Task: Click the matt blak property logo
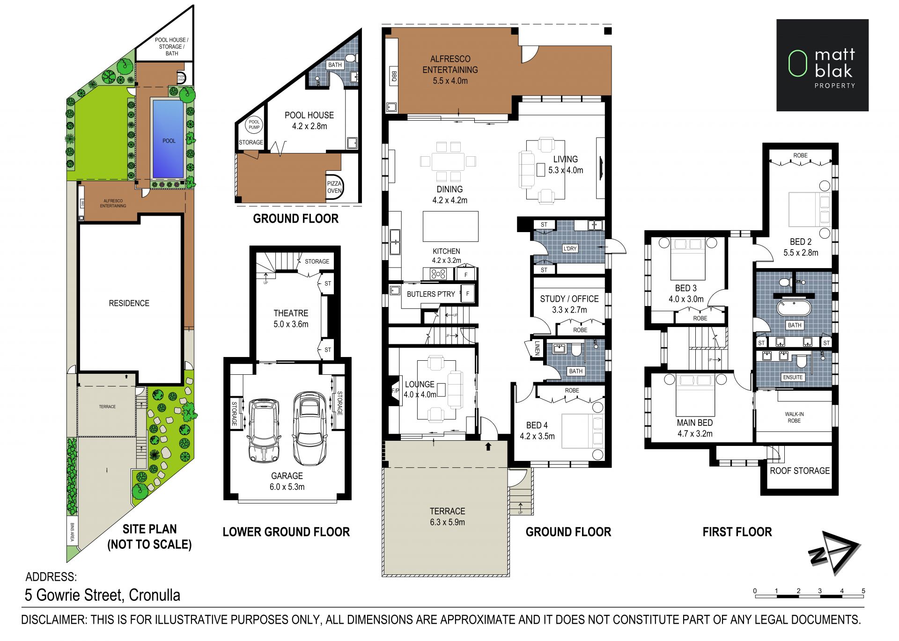(822, 65)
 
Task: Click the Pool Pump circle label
(254, 124)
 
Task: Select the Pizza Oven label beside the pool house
(334, 187)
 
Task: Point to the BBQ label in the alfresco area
(394, 77)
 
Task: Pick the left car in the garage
(265, 430)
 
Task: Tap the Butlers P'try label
(431, 294)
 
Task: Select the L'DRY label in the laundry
(570, 248)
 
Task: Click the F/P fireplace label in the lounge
(395, 391)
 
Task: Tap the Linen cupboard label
(537, 348)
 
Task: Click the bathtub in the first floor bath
(795, 309)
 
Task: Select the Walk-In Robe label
(794, 417)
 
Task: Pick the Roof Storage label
(800, 471)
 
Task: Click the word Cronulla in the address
(154, 595)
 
